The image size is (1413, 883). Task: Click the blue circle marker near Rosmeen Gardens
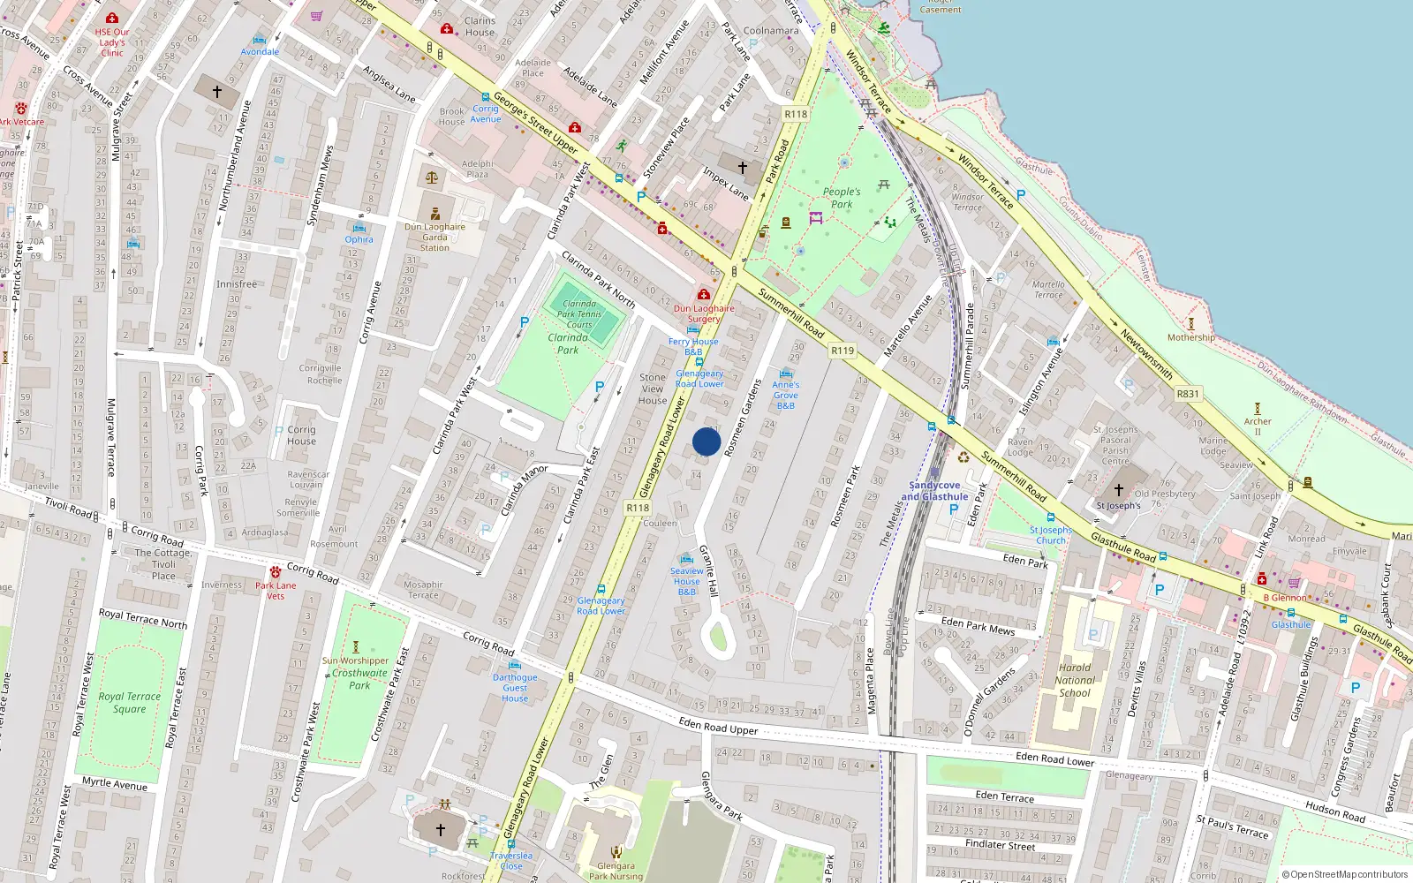[706, 441]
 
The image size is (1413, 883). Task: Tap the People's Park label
[842, 198]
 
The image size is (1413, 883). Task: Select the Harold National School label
[1075, 680]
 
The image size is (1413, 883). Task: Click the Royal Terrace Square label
[130, 703]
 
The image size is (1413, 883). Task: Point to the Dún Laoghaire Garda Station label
[434, 238]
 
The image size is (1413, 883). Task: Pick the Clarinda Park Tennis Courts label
[579, 314]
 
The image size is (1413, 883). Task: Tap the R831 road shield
[1188, 394]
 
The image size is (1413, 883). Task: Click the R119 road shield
[843, 351]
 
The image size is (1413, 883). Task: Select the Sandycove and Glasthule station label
[934, 491]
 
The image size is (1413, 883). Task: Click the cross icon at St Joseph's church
[1118, 490]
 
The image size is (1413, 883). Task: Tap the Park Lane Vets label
[276, 591]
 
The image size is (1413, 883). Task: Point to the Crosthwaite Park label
[359, 679]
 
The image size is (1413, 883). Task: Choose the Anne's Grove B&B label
[786, 395]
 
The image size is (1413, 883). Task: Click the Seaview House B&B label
[687, 581]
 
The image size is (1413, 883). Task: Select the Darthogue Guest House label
[515, 688]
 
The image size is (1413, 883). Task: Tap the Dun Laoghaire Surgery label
[704, 313]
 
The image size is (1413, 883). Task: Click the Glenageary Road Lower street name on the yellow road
[663, 447]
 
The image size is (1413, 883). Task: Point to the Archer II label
[1258, 426]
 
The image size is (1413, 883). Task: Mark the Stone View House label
[653, 389]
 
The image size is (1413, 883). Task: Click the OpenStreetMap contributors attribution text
[1349, 874]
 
